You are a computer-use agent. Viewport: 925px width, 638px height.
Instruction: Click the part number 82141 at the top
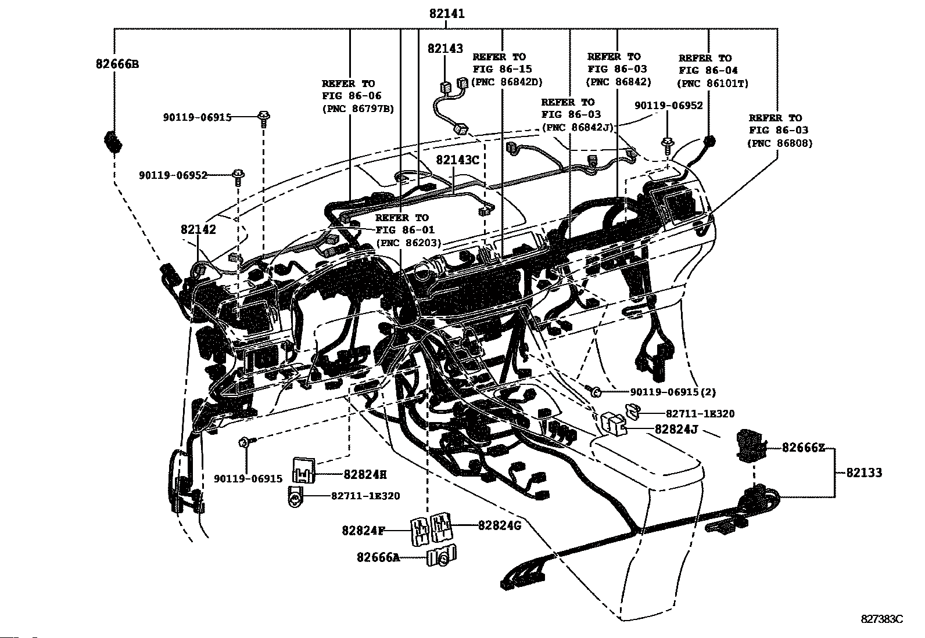(x=447, y=14)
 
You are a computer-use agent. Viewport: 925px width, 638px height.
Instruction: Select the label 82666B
(x=117, y=64)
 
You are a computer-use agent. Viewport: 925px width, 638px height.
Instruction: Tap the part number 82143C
(x=458, y=160)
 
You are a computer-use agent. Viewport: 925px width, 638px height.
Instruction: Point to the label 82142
(x=198, y=229)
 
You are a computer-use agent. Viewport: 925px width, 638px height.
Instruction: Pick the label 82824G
(x=500, y=525)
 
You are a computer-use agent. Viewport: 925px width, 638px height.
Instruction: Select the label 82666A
(x=379, y=557)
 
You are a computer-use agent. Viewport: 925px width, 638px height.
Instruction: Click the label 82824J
(x=676, y=430)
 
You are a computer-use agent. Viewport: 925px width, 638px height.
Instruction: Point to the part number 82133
(x=863, y=473)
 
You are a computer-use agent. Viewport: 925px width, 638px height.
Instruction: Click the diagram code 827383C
(x=882, y=619)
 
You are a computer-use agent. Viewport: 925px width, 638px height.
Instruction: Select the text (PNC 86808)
(x=780, y=143)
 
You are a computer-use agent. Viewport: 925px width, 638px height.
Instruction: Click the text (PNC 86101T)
(x=713, y=83)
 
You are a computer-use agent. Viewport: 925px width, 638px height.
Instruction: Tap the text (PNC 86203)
(x=408, y=243)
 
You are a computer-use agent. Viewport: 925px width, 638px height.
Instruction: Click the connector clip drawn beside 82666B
(x=112, y=142)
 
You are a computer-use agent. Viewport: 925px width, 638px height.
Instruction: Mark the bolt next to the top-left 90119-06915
(x=264, y=118)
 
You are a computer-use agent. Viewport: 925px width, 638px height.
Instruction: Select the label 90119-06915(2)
(x=665, y=392)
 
